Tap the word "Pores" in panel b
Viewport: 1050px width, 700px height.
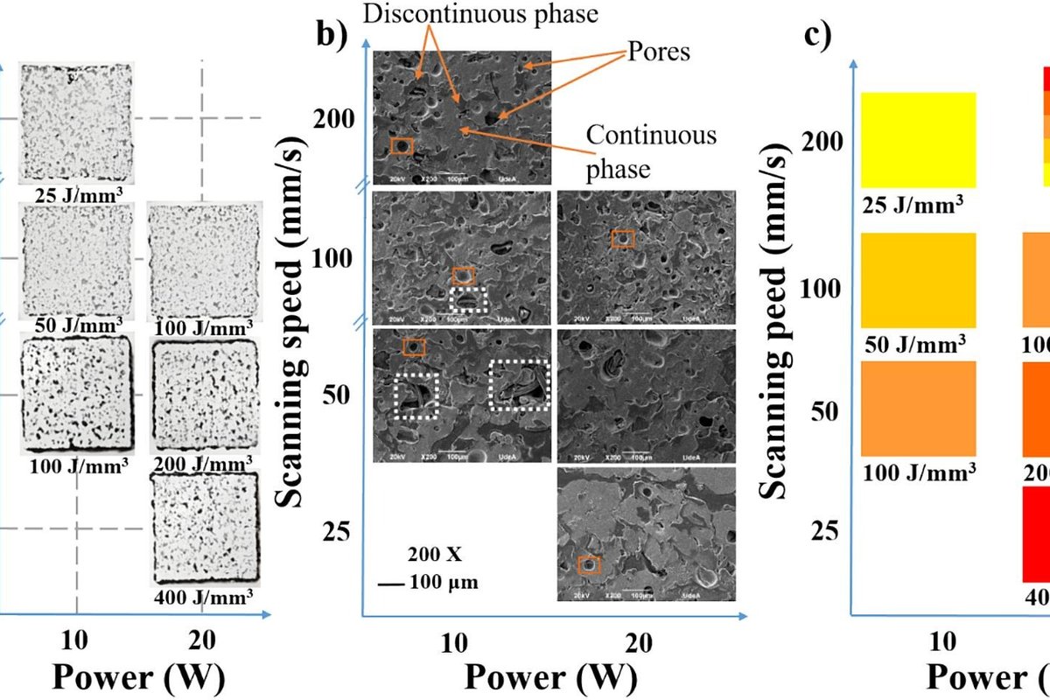coord(658,52)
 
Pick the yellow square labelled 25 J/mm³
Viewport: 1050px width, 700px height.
coord(918,139)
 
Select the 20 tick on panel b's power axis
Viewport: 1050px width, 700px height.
coord(640,644)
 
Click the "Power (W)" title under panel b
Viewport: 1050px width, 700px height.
coord(550,677)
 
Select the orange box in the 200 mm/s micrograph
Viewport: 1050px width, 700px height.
coord(402,145)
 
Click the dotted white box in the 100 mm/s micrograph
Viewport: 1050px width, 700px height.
coord(471,300)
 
